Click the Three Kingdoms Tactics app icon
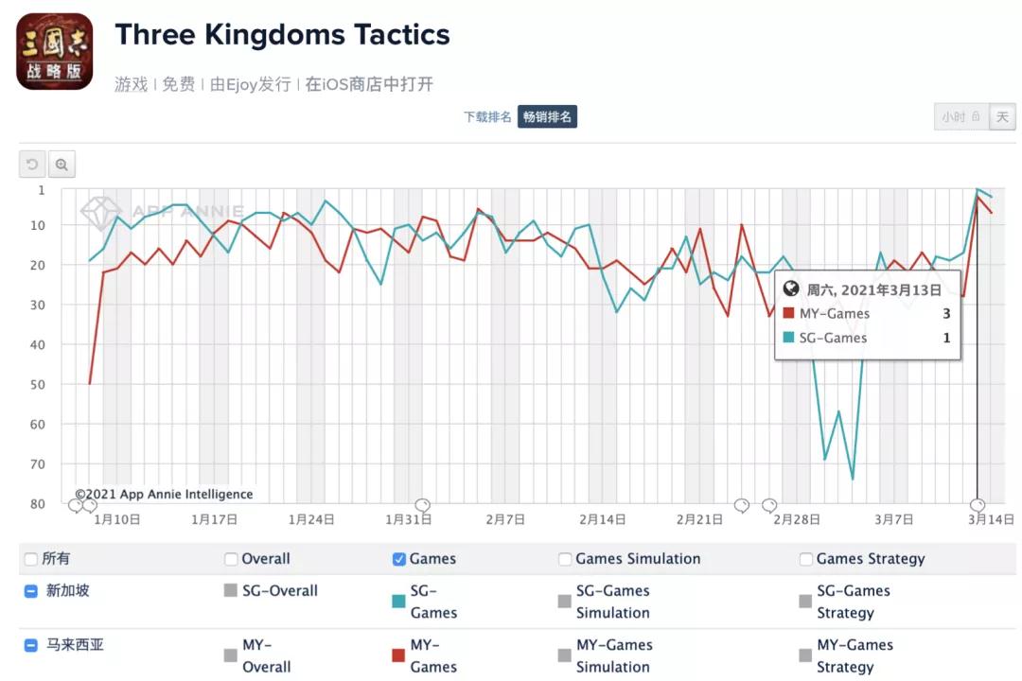point(55,52)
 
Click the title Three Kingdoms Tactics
point(282,35)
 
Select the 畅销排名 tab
point(547,116)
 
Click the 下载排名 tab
point(487,116)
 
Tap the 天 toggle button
point(1002,117)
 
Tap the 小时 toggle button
point(960,117)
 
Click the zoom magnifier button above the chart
point(62,165)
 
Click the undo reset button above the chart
point(32,165)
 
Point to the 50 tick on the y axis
point(39,384)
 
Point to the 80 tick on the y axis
point(39,504)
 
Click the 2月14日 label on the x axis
point(603,519)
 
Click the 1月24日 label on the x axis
point(311,519)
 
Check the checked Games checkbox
point(399,559)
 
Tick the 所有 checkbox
point(31,559)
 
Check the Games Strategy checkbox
point(806,559)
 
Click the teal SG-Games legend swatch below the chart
point(398,601)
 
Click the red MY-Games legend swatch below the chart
point(398,655)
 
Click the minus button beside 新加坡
point(31,591)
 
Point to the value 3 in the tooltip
point(946,314)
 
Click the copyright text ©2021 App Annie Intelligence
point(165,494)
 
